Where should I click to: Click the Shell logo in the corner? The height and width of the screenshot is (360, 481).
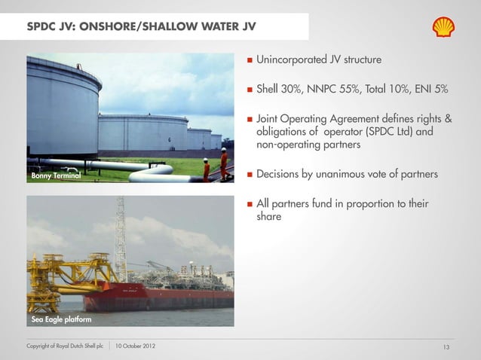coord(443,28)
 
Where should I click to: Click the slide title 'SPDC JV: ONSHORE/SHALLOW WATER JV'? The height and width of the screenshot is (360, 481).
coord(141,28)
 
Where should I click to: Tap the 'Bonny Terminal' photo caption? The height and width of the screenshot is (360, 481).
coord(56,176)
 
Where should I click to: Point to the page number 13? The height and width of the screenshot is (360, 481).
coord(446,346)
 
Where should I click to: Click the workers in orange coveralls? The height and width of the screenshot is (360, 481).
coord(214,166)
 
